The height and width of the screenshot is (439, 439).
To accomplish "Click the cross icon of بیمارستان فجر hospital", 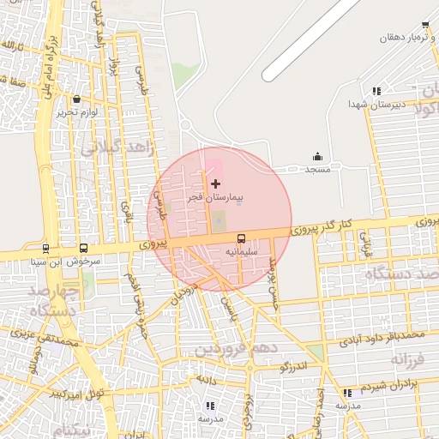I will pos(214,183).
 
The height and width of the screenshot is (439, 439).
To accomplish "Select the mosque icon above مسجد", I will pos(318,156).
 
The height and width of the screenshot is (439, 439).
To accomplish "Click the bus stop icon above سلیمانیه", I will pos(241,238).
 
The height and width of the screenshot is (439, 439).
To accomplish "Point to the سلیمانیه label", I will pos(241,252).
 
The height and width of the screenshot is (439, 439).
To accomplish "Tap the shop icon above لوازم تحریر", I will pos(78,99).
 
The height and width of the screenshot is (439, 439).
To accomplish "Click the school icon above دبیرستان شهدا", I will pos(376,91).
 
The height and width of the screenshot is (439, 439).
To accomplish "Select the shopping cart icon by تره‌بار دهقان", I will pos(425,26).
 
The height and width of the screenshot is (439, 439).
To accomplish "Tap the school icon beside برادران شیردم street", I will pos(347,393).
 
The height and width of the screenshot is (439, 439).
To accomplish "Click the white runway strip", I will pos(309,39).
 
